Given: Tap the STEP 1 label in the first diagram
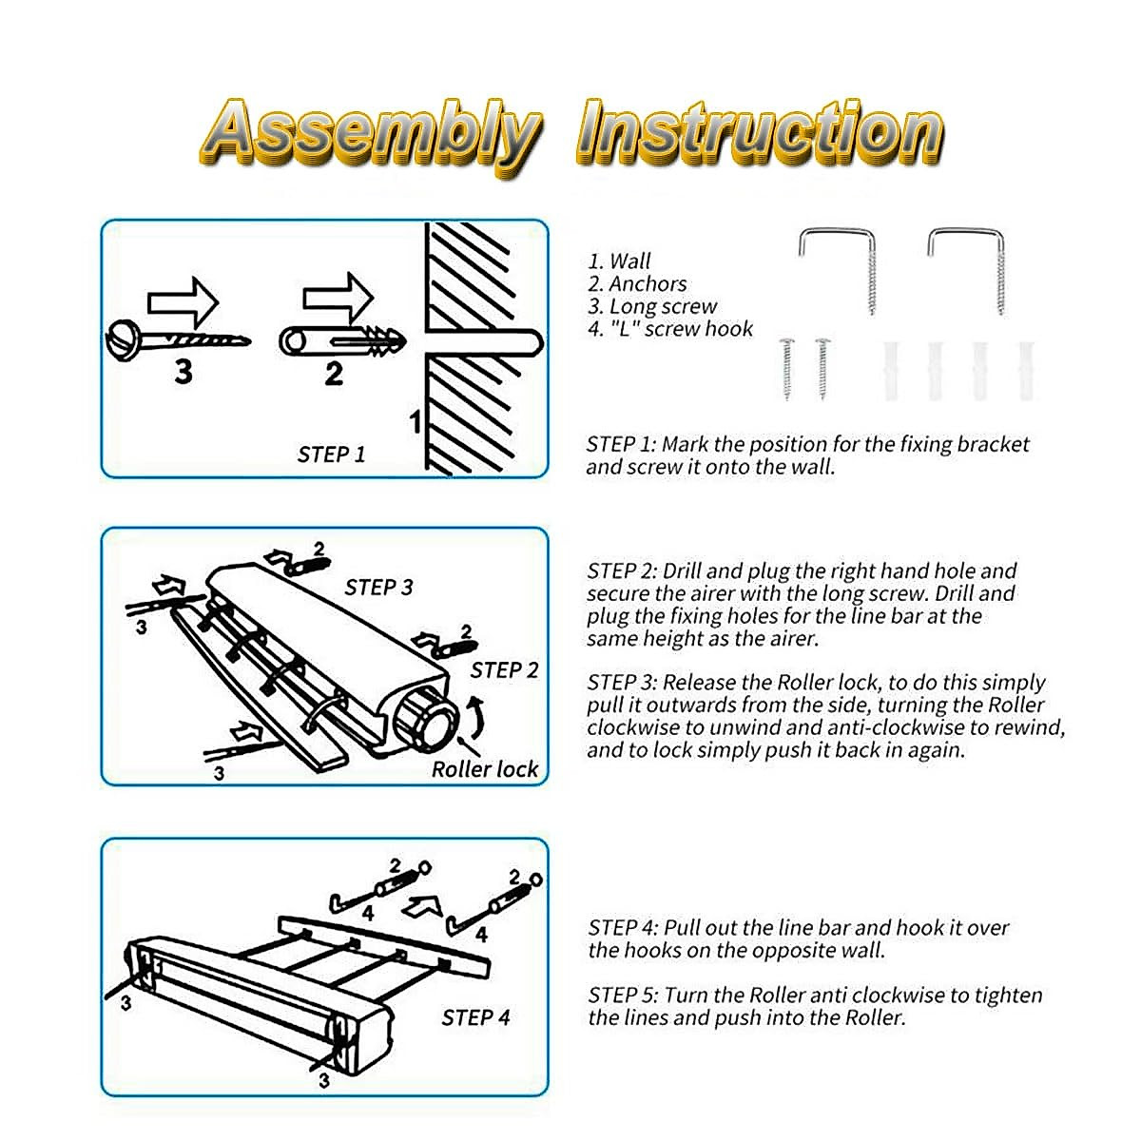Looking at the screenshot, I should (x=331, y=454).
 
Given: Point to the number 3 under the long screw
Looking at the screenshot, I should (x=184, y=372).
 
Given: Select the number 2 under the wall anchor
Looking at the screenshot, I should (x=333, y=374).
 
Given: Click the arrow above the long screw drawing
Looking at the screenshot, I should (x=184, y=302).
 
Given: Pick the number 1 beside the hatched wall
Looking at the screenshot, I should (x=415, y=420).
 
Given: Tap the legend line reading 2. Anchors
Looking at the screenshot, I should (x=637, y=283).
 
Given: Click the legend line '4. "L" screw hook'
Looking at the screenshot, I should (x=670, y=329).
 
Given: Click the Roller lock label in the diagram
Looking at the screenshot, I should (x=485, y=769).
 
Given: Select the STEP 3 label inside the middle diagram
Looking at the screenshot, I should (x=378, y=588).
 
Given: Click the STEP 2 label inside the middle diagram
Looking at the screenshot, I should (x=504, y=670).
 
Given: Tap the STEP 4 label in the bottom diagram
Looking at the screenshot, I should (x=475, y=1018).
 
